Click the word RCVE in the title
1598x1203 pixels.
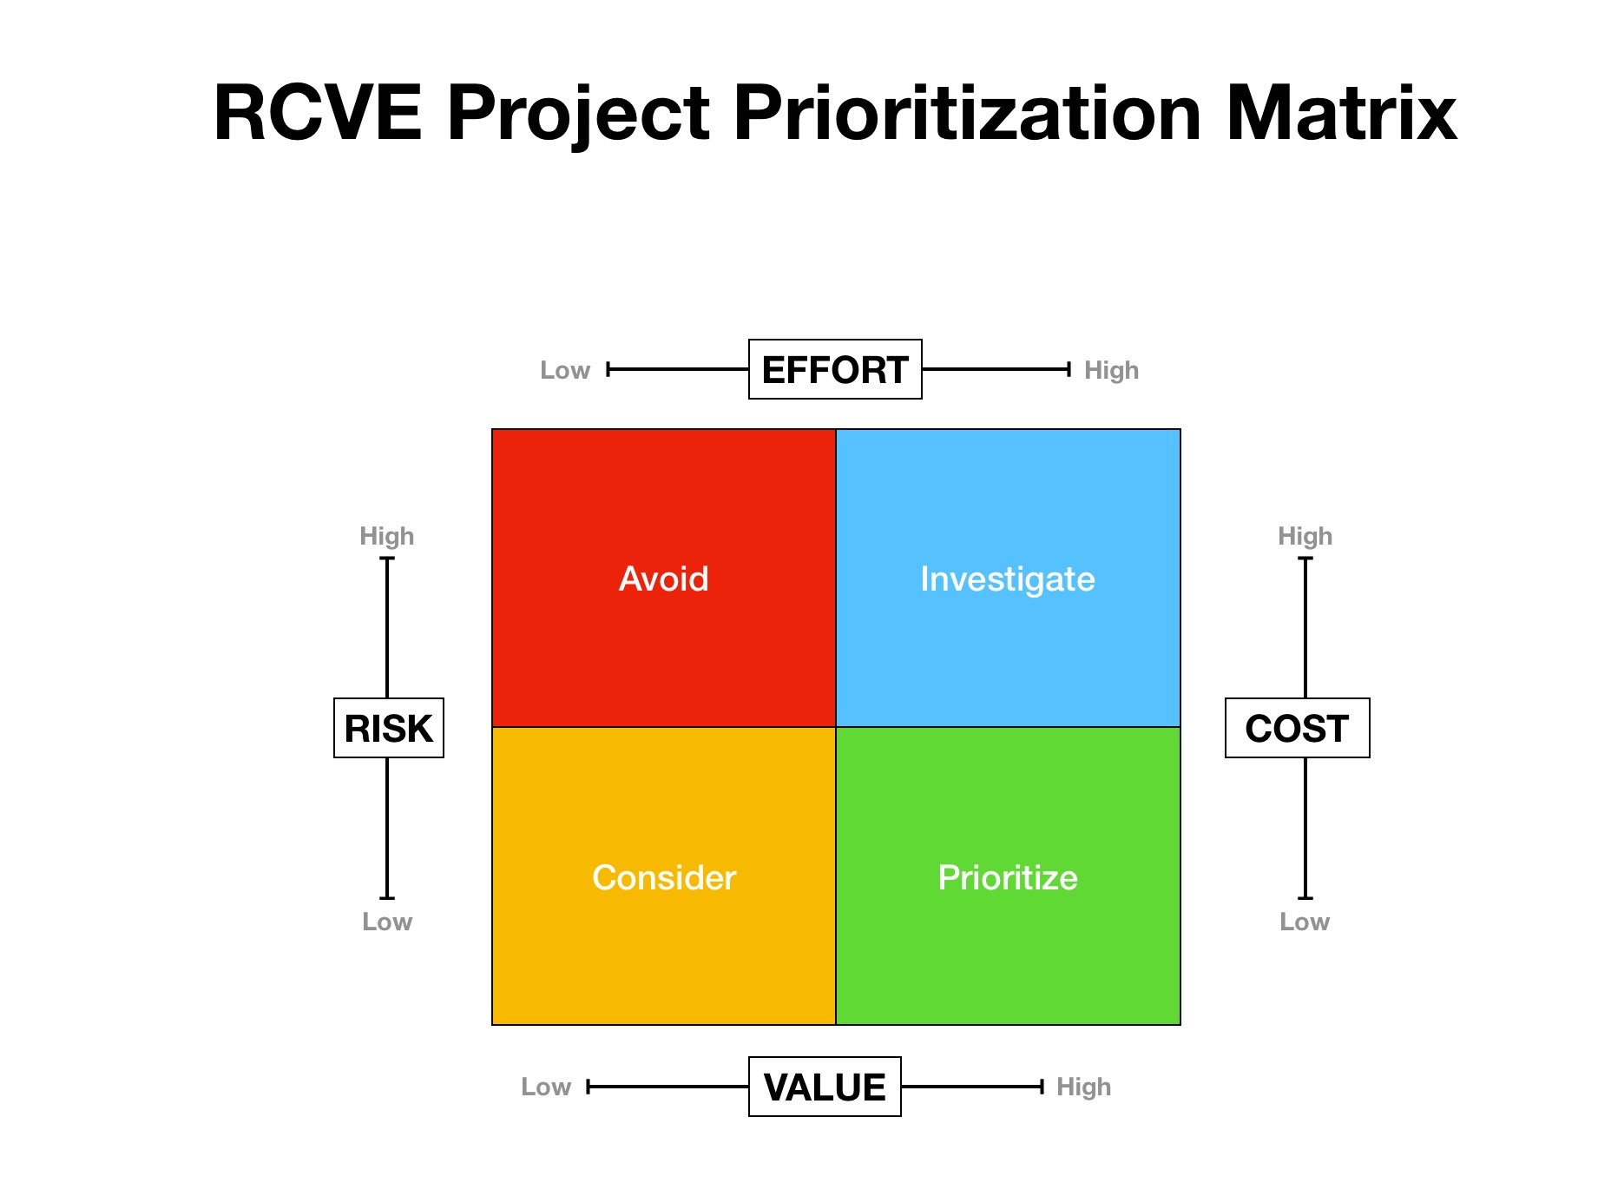(318, 113)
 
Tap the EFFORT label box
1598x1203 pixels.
(835, 370)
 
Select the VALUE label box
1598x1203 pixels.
(825, 1087)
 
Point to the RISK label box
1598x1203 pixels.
(389, 728)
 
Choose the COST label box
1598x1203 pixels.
(1297, 728)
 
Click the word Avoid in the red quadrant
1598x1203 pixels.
(664, 578)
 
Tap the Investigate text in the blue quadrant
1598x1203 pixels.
(1008, 578)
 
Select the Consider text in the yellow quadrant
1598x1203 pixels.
(664, 877)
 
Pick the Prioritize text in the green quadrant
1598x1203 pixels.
(1008, 877)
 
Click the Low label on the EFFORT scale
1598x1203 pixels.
(565, 370)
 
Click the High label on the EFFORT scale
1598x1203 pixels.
(1111, 370)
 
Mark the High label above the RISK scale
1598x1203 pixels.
(387, 536)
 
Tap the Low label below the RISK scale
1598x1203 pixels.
(387, 922)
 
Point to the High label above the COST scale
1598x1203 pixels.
(1305, 536)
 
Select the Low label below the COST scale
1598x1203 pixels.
(1305, 922)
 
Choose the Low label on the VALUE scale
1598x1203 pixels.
(546, 1087)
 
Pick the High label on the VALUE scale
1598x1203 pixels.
(1083, 1087)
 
